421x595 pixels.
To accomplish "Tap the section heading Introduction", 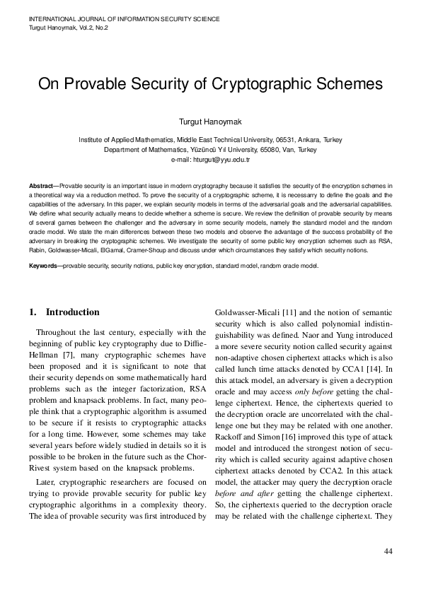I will [x=72, y=312].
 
